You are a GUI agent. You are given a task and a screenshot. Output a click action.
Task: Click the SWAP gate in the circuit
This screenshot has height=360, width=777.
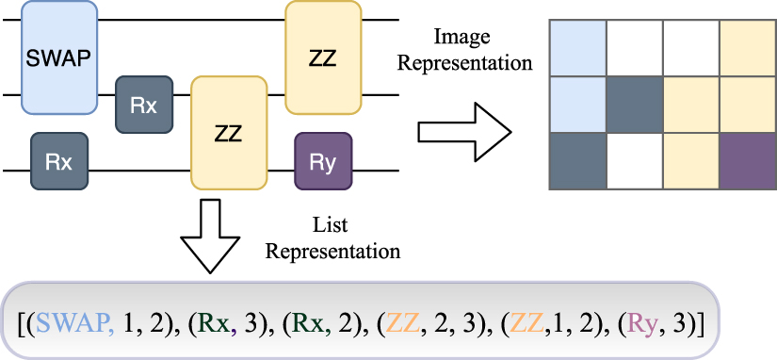59,57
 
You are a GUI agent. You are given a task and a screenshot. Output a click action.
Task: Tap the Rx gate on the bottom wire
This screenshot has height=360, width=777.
59,160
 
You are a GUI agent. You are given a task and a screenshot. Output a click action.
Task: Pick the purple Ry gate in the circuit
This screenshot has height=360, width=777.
323,160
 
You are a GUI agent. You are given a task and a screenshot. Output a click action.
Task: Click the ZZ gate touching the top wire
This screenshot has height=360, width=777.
322,58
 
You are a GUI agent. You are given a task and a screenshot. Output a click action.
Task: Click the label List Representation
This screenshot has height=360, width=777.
332,240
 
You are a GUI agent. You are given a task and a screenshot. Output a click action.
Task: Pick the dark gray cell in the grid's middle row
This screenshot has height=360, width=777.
634,104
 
